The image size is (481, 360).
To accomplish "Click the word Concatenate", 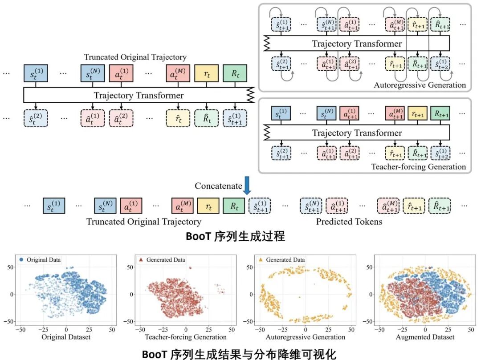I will [x=218, y=186].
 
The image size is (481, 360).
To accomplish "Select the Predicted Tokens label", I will [x=349, y=222].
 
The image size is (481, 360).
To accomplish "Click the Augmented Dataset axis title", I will [x=425, y=337].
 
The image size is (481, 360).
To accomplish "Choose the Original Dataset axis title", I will [x=66, y=337].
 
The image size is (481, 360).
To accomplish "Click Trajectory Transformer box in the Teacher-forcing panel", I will [x=356, y=133].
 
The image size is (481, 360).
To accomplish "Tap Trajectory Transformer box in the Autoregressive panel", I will [x=356, y=44].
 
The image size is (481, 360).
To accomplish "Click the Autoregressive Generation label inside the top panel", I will [x=420, y=85].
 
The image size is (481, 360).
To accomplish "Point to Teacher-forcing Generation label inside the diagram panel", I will [x=418, y=167].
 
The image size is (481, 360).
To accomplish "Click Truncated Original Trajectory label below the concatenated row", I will [x=143, y=222].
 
